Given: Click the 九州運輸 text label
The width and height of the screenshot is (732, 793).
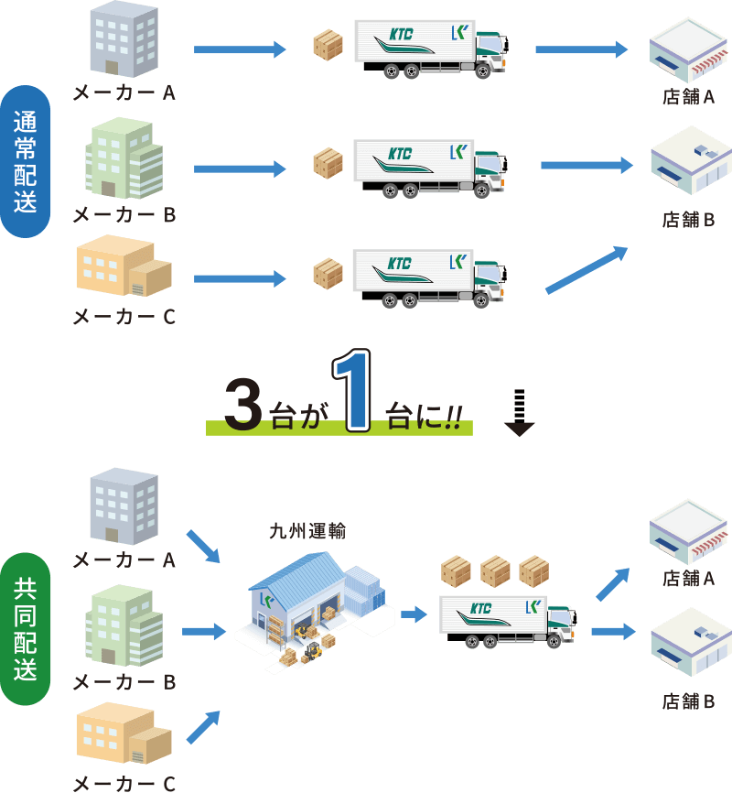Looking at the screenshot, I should [x=307, y=531].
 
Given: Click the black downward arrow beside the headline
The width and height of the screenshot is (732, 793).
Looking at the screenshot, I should [x=519, y=415].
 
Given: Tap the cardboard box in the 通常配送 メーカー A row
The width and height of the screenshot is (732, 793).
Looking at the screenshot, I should [x=328, y=46].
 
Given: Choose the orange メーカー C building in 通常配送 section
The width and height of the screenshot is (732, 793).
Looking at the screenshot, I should [x=123, y=267].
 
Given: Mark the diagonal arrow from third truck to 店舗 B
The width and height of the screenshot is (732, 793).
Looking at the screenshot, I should [x=587, y=270].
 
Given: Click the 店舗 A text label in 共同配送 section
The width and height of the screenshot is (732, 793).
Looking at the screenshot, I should [x=688, y=579].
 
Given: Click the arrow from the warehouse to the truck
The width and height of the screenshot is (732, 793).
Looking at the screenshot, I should [x=414, y=614].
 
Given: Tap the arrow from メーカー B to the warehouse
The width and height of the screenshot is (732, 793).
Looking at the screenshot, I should [x=204, y=631].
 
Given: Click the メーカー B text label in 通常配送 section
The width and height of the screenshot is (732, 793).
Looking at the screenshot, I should [x=124, y=215].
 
